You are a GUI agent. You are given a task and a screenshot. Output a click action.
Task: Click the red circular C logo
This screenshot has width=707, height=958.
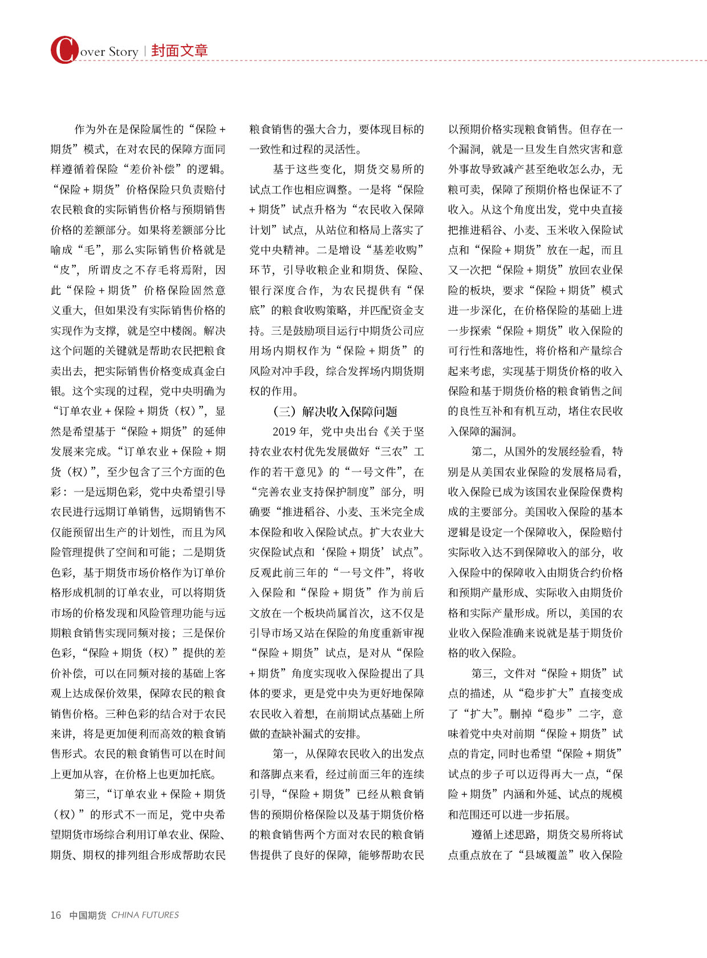(x=64, y=50)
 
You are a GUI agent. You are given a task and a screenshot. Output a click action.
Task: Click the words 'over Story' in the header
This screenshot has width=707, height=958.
(x=109, y=52)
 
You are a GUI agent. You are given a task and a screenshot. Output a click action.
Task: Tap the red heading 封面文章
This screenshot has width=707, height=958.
(x=180, y=51)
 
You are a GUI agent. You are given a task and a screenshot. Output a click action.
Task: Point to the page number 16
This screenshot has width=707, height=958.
(x=55, y=915)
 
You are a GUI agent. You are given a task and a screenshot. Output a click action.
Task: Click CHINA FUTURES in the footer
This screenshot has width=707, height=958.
(x=145, y=915)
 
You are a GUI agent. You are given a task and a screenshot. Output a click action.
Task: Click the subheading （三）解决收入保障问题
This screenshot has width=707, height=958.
(x=335, y=411)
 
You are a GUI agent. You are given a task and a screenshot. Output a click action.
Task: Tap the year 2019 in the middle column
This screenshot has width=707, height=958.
(x=285, y=432)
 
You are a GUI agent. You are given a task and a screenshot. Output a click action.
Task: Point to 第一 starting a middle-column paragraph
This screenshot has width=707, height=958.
(x=284, y=754)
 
